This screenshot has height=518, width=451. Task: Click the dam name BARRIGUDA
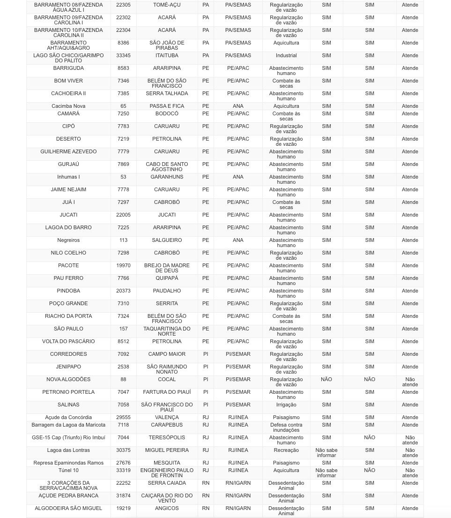(x=68, y=68)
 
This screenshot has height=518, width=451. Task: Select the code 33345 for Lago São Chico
(x=123, y=55)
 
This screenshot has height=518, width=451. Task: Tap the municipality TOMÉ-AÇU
(x=167, y=5)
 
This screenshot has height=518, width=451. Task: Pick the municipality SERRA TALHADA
(x=167, y=93)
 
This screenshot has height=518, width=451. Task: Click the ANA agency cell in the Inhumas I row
(x=238, y=177)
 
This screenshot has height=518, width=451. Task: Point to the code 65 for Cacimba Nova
(x=123, y=106)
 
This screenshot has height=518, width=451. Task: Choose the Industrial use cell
(x=286, y=55)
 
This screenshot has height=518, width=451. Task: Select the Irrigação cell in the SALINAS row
(x=286, y=405)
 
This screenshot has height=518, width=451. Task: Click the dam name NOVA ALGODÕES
(x=68, y=379)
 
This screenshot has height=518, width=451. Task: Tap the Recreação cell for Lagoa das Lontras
(x=286, y=450)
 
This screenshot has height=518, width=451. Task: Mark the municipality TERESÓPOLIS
(x=167, y=437)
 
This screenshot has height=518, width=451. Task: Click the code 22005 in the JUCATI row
(x=123, y=215)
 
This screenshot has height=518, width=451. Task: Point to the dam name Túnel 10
(x=68, y=470)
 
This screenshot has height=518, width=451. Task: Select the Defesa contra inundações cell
(x=286, y=427)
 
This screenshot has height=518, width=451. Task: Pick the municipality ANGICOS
(x=167, y=508)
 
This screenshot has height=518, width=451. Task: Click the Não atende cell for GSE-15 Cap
(x=410, y=440)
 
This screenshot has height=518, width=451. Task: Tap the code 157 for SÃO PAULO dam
(x=123, y=329)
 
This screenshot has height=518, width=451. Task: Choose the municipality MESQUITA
(x=167, y=463)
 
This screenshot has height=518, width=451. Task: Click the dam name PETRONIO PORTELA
(x=68, y=392)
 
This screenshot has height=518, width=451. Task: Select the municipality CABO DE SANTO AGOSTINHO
(x=167, y=167)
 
